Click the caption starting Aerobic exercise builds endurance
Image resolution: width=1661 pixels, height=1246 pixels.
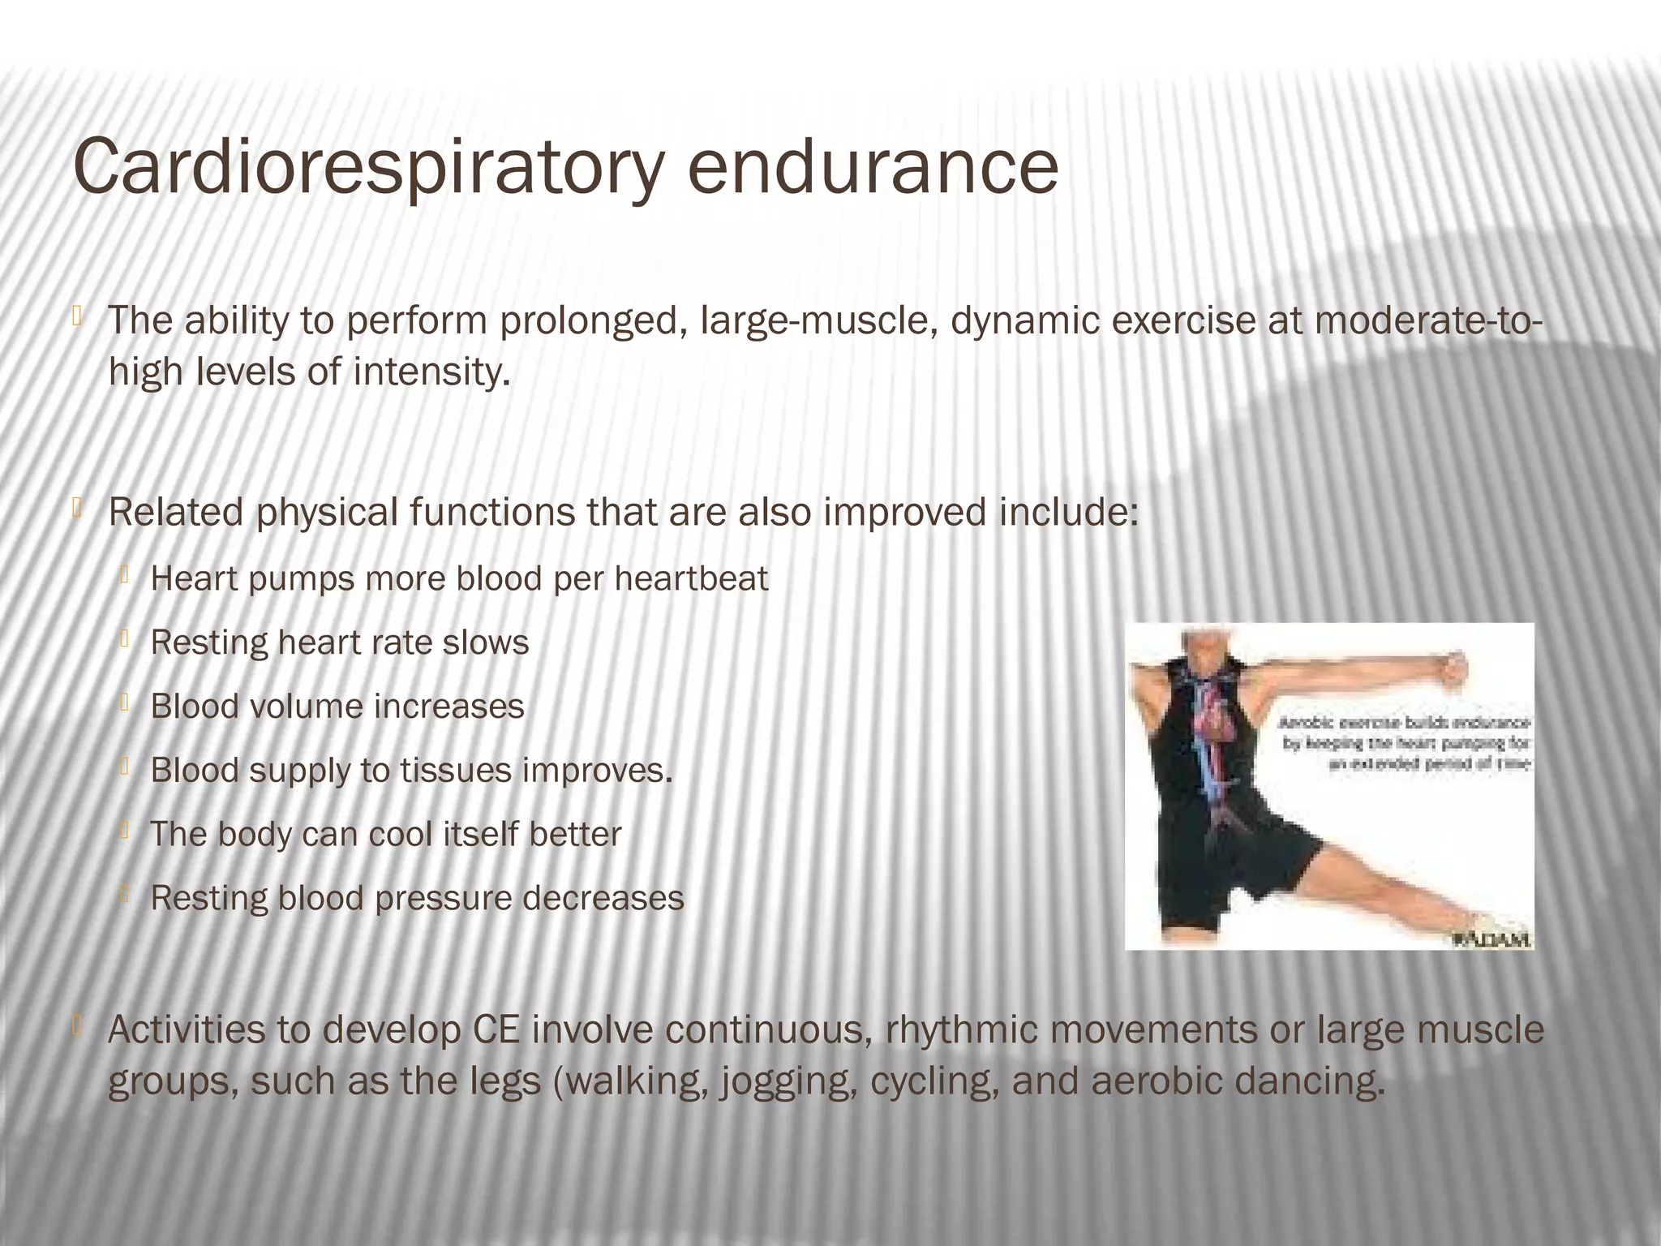click(x=1404, y=743)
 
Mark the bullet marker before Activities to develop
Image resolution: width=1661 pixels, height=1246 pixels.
click(x=77, y=1027)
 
